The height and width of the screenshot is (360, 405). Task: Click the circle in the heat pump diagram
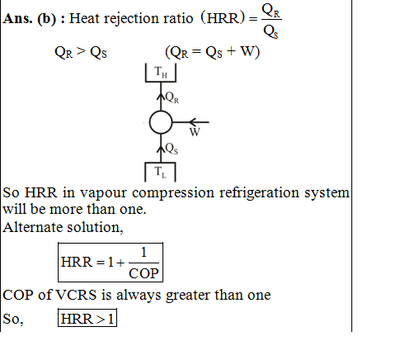[x=150, y=122]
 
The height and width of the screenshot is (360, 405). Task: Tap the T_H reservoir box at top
[x=161, y=82]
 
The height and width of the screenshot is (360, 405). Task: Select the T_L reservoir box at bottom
[x=160, y=163]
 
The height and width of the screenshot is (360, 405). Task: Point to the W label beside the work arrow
[x=195, y=132]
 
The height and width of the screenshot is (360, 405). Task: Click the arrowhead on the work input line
[x=192, y=122]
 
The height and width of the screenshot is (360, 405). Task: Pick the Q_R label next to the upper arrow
[x=172, y=97]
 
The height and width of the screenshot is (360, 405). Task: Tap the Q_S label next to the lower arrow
[x=172, y=149]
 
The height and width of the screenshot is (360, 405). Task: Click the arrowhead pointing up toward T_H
[x=161, y=97]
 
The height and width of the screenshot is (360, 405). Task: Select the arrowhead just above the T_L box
[x=161, y=149]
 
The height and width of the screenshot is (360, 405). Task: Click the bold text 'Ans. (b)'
[x=30, y=19]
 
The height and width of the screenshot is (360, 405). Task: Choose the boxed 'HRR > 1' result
[x=87, y=318]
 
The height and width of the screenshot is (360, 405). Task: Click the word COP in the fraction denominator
[x=144, y=273]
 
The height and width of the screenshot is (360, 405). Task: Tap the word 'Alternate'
[x=33, y=227]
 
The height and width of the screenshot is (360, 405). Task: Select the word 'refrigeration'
[x=259, y=192]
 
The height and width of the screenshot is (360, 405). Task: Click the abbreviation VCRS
[x=76, y=295]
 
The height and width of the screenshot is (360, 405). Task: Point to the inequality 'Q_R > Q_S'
[x=81, y=52]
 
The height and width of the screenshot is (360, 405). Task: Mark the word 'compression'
[x=173, y=193]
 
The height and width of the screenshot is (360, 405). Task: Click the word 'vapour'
[x=103, y=194]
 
